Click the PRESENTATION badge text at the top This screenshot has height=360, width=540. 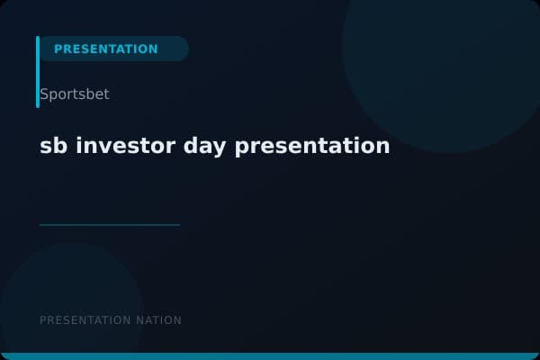105,49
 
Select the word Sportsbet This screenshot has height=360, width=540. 75,94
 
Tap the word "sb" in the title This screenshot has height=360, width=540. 53,146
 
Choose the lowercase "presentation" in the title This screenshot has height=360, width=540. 312,146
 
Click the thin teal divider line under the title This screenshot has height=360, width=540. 110,225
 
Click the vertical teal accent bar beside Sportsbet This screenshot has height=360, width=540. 38,72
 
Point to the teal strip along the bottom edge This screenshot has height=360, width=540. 270,356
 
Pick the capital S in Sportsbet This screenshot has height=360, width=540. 44,94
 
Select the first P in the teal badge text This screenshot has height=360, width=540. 58,49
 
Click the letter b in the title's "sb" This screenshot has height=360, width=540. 60,146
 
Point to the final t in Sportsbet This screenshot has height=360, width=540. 106,94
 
